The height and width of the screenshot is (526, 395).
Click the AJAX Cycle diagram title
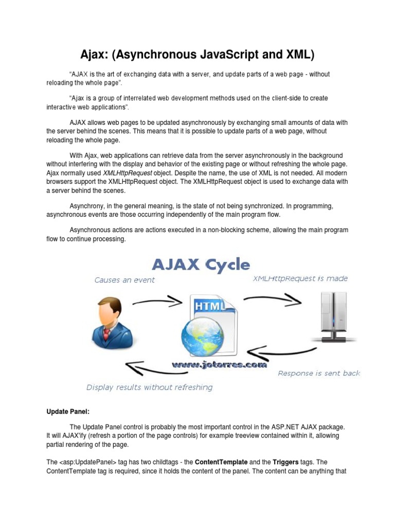point(200,265)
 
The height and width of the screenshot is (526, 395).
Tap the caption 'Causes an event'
point(124,280)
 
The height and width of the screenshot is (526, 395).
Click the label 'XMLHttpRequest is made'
point(300,278)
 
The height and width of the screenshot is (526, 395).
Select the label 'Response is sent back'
point(319,373)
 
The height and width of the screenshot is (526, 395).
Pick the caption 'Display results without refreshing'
point(149,387)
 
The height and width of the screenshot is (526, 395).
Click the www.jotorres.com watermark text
point(220,365)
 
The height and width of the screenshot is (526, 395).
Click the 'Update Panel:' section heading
point(68,412)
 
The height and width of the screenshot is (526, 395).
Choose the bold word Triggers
point(289,462)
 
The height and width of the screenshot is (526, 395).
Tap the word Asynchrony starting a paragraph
point(87,206)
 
